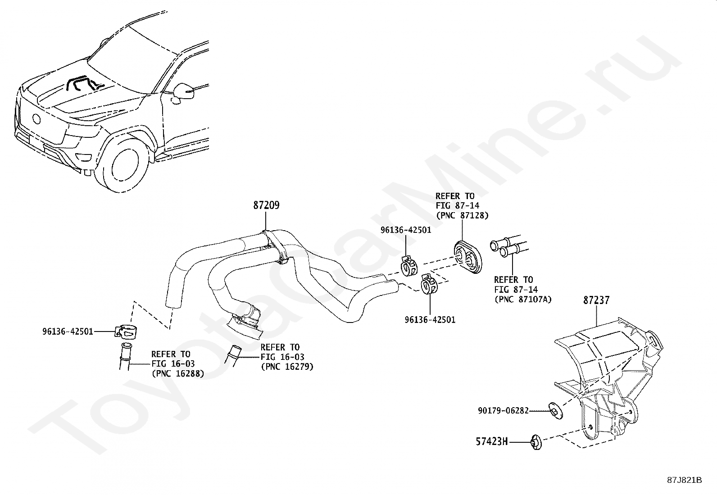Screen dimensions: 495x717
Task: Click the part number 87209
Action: coord(266,205)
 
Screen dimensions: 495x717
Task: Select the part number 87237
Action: coord(596,300)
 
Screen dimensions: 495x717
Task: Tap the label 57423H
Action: coord(492,442)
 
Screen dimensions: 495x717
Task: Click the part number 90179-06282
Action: coord(503,411)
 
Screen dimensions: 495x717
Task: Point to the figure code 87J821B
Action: coord(685,480)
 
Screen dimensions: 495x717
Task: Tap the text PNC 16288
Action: coord(177,373)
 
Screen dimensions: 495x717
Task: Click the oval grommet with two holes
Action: coord(467,257)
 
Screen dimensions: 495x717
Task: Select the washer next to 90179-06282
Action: coord(553,410)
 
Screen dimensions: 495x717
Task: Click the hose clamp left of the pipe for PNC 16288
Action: coord(126,332)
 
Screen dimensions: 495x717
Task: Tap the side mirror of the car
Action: coord(185,91)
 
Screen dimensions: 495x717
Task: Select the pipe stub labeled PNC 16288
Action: coord(124,356)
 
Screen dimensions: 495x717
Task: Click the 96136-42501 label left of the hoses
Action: coord(68,332)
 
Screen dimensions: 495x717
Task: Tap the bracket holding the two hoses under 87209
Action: coord(276,245)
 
